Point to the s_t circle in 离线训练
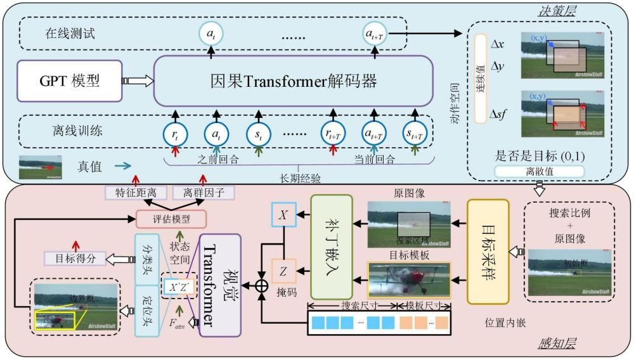coord(258,133)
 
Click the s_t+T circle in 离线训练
coord(415,133)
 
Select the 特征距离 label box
coord(130,193)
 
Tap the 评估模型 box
coord(171,219)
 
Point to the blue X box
coord(283,216)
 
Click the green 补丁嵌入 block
coord(331,247)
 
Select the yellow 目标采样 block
coord(488,252)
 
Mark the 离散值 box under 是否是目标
coord(539,171)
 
